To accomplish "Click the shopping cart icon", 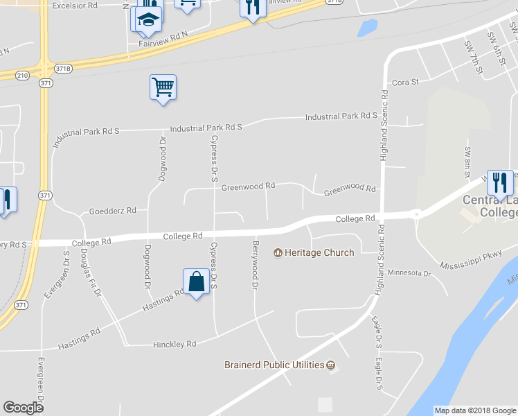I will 163,87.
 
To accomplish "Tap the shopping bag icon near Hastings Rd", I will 197,281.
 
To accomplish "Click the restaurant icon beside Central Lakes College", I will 499,183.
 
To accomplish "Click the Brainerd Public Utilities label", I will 274,365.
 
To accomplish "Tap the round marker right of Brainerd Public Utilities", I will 330,365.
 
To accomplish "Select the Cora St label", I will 406,82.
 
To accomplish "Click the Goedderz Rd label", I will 113,211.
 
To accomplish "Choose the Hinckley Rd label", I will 175,344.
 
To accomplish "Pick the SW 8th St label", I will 468,160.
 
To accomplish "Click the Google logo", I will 23,408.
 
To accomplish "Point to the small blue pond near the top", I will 367,28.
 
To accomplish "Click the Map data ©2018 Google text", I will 475,410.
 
